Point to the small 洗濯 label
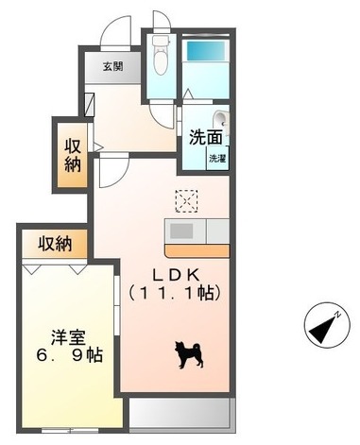point(217,158)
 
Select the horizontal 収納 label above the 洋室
point(55,245)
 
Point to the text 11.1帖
point(175,294)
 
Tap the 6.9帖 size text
point(67,356)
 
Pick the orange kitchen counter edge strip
point(197,249)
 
